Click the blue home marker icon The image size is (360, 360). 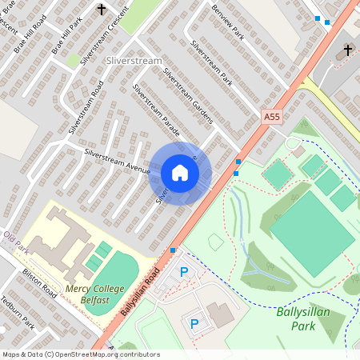[180, 173]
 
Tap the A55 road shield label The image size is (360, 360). [272, 117]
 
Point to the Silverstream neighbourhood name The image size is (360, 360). [133, 61]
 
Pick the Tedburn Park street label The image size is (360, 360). [18, 315]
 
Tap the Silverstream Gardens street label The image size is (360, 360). [187, 96]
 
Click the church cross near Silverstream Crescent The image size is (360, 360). [102, 10]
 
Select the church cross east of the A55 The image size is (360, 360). [348, 50]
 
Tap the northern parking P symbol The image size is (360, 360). [184, 273]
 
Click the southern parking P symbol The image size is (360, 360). [194, 323]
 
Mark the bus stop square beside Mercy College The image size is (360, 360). [173, 250]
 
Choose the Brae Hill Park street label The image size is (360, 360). [67, 34]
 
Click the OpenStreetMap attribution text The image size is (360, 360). [80, 354]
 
